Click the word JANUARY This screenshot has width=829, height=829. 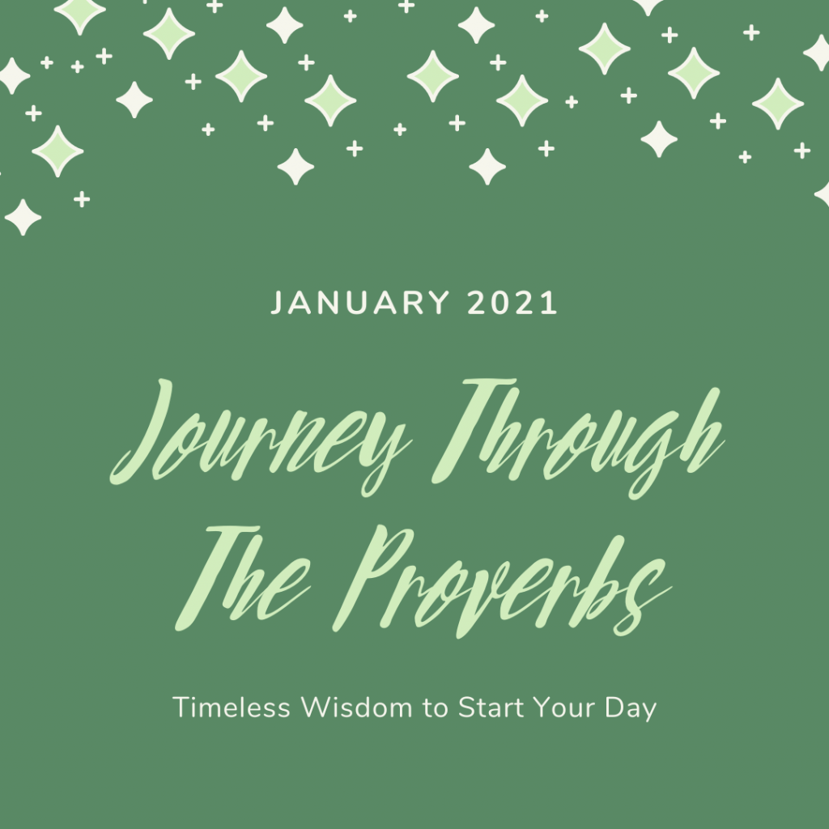click(x=360, y=303)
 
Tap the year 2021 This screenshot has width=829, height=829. click(x=512, y=303)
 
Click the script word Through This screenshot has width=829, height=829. click(x=578, y=439)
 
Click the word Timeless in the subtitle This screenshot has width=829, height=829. click(x=232, y=708)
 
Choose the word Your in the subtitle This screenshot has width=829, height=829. click(x=563, y=708)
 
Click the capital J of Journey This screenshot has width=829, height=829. click(x=141, y=431)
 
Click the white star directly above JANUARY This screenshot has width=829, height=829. click(x=295, y=167)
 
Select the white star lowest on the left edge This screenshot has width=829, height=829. click(x=23, y=217)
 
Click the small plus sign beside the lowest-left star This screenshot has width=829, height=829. click(x=82, y=199)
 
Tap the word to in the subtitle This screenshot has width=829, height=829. click(x=436, y=708)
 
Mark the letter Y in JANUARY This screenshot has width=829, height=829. click(x=438, y=303)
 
